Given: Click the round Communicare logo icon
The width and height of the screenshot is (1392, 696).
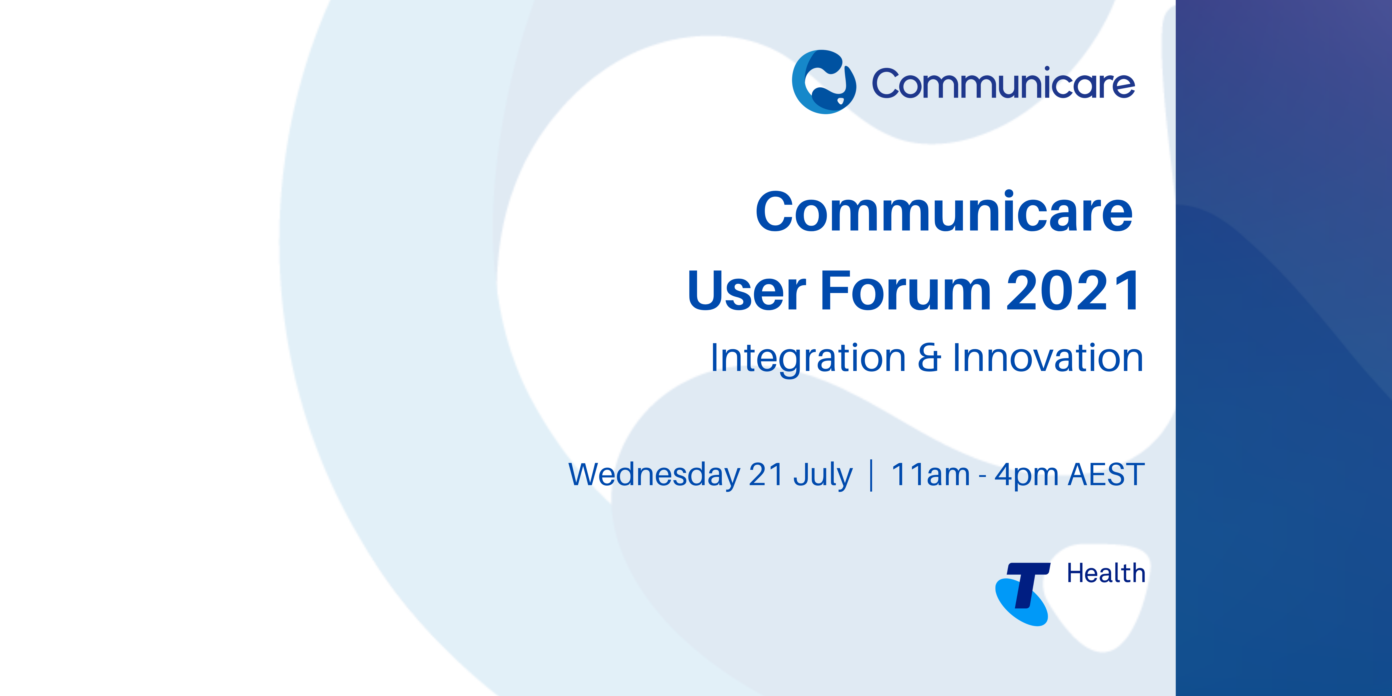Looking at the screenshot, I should (x=823, y=82).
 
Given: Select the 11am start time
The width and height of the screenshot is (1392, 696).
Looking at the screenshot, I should (x=931, y=475).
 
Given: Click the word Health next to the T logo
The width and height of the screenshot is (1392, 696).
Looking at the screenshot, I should (x=1106, y=573).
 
